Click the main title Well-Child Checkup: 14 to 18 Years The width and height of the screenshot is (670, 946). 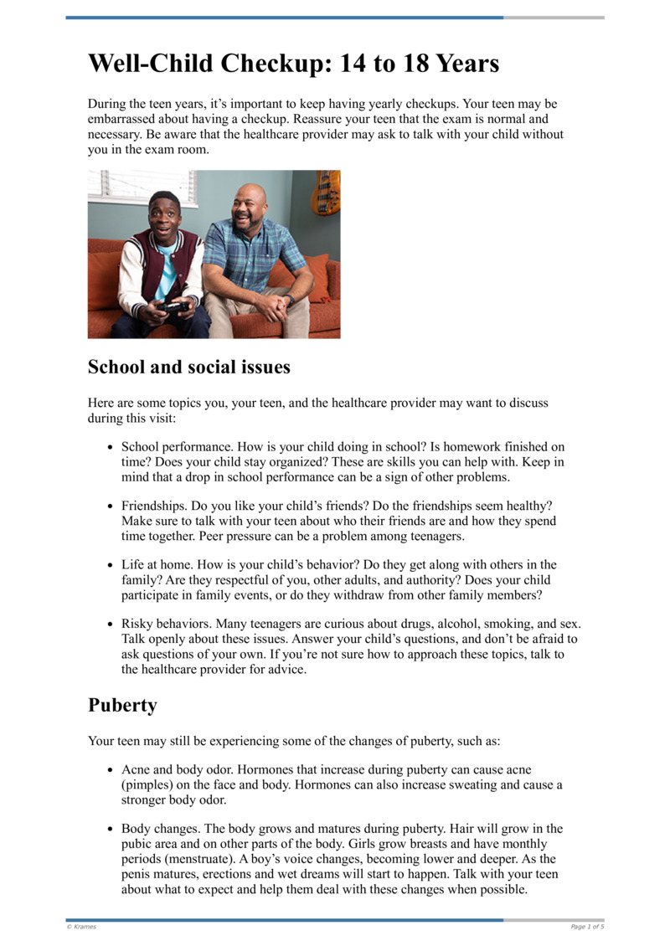click(x=293, y=64)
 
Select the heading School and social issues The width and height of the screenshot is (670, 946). click(x=189, y=367)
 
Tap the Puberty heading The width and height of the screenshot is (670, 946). click(x=122, y=705)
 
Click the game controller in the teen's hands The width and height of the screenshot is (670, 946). click(x=174, y=307)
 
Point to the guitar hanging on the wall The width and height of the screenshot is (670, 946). click(x=326, y=192)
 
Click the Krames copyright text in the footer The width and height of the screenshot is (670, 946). click(x=81, y=927)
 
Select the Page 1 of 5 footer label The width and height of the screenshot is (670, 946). click(x=587, y=927)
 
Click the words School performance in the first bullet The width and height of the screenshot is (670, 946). click(x=173, y=447)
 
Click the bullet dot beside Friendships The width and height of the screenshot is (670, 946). click(x=111, y=507)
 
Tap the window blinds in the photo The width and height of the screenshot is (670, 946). click(x=143, y=186)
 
